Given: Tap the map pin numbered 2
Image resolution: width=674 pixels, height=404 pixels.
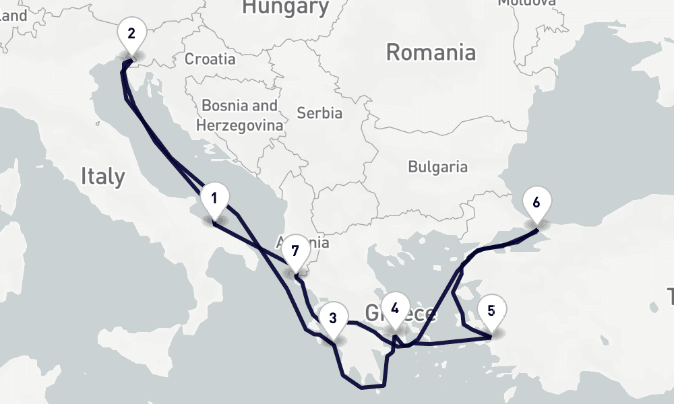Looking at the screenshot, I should [131, 33].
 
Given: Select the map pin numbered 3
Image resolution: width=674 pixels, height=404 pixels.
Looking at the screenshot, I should [333, 316].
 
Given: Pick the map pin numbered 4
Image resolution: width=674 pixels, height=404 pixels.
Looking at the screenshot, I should [395, 308].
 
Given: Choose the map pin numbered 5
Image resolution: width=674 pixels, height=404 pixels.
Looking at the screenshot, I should [491, 310].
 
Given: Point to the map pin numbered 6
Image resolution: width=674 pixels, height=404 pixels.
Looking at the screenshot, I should [537, 202].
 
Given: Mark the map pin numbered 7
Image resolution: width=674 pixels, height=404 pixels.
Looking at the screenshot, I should [295, 251].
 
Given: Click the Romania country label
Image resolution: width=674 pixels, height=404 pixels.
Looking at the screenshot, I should [431, 53].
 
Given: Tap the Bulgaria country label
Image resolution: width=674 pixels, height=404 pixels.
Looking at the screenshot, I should [437, 166].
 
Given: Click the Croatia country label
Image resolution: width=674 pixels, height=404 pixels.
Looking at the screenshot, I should [210, 59].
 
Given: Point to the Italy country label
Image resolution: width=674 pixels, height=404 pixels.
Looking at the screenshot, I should [102, 176].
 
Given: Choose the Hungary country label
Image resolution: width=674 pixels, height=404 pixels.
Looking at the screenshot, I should [286, 7].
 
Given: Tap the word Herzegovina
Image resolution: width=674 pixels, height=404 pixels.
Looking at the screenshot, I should [239, 125].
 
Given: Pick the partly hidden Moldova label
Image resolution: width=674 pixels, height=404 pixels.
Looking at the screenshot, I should [526, 3].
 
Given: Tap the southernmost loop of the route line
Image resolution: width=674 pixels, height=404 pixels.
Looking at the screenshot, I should [364, 386].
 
